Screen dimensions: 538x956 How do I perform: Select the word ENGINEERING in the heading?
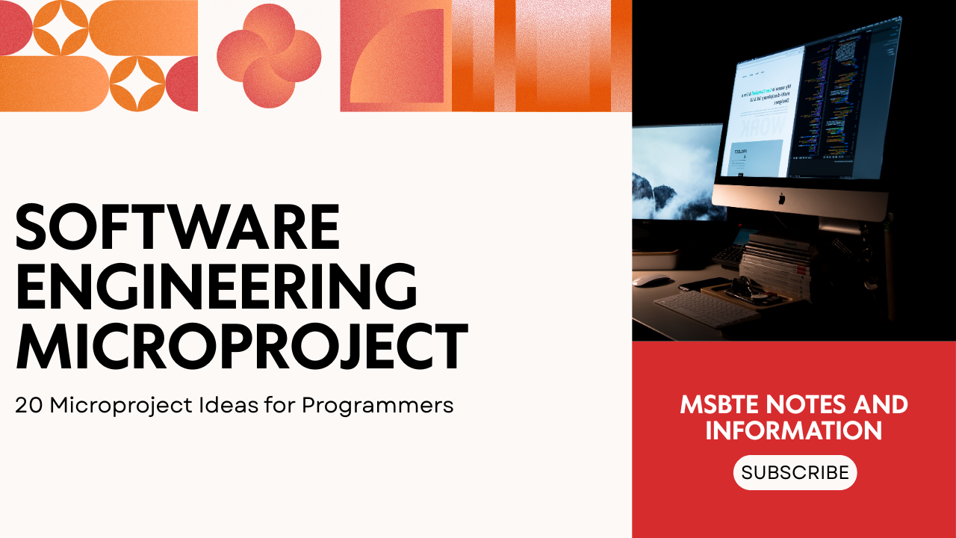(x=216, y=287)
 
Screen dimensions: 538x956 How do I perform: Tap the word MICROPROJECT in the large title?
(x=241, y=347)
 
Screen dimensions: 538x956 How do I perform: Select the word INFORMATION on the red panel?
(x=794, y=431)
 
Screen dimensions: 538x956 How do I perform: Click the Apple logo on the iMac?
(x=781, y=199)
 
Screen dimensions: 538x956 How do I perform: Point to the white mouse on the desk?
(x=653, y=280)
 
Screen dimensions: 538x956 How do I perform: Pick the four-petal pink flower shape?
(x=269, y=56)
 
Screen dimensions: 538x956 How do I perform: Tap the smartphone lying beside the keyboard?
(x=706, y=284)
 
